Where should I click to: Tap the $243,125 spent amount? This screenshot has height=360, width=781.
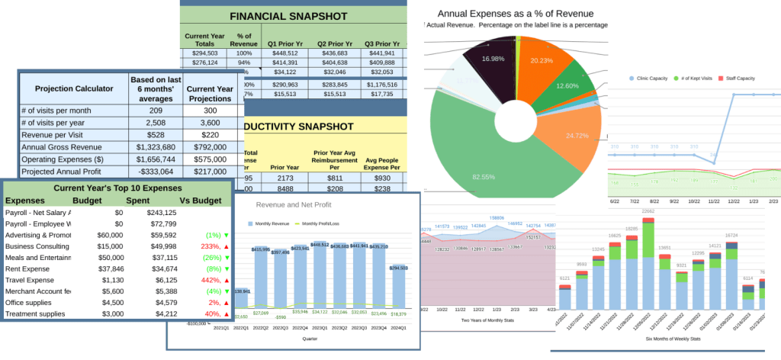(161, 213)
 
